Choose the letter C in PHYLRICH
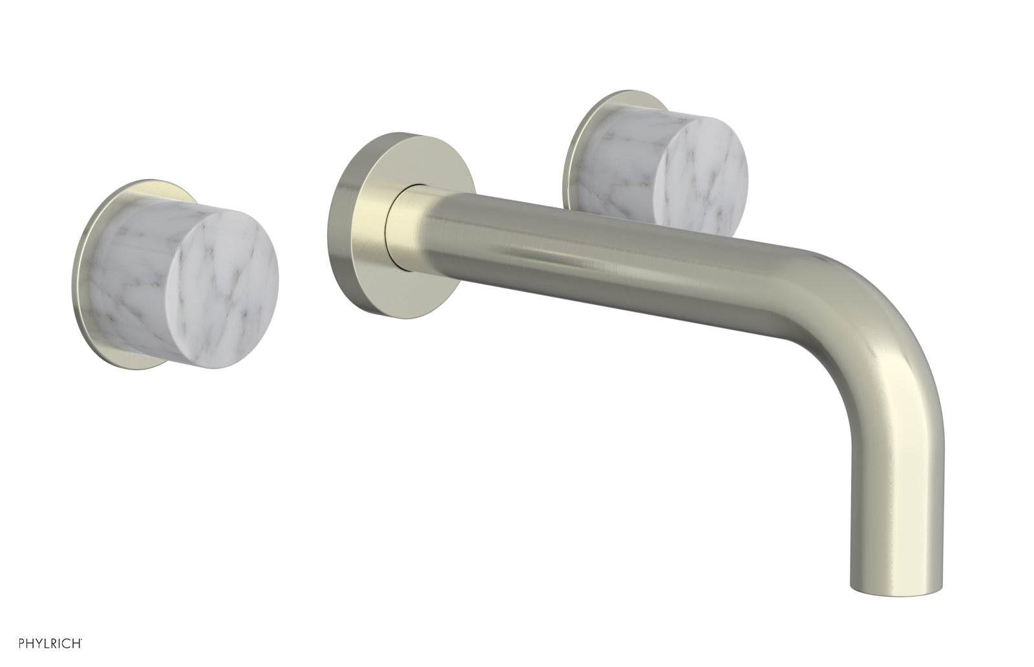(x=66, y=644)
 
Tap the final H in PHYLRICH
(x=76, y=644)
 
